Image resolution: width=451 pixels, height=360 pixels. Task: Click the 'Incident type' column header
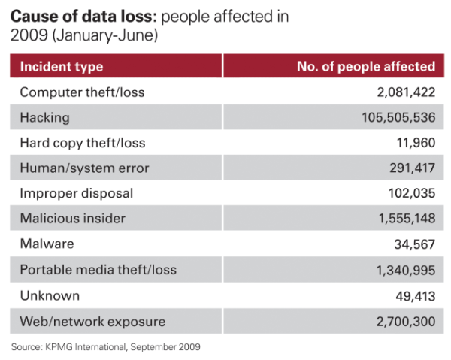pyautogui.click(x=62, y=66)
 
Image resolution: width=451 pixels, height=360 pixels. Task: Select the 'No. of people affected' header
pyautogui.click(x=366, y=66)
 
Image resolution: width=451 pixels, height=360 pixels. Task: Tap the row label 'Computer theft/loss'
pyautogui.click(x=82, y=92)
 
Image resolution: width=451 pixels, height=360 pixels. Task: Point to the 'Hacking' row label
pyautogui.click(x=45, y=118)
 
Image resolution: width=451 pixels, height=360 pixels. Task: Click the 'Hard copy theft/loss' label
pyautogui.click(x=83, y=143)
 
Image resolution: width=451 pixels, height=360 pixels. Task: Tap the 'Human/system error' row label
pyautogui.click(x=85, y=168)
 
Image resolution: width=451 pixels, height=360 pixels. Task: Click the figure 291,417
pyautogui.click(x=410, y=168)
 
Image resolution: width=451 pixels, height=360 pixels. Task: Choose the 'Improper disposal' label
pyautogui.click(x=77, y=193)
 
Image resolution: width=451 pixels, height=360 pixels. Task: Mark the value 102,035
pyautogui.click(x=410, y=193)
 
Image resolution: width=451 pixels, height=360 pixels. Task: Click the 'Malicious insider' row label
pyautogui.click(x=73, y=219)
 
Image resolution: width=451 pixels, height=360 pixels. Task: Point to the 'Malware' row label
pyautogui.click(x=47, y=244)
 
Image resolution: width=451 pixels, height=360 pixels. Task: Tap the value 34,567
pyautogui.click(x=414, y=244)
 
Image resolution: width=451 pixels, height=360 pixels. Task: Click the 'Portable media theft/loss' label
pyautogui.click(x=98, y=270)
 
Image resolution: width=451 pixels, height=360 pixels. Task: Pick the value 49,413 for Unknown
pyautogui.click(x=414, y=295)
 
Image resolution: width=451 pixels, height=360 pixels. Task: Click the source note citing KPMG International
pyautogui.click(x=106, y=347)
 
